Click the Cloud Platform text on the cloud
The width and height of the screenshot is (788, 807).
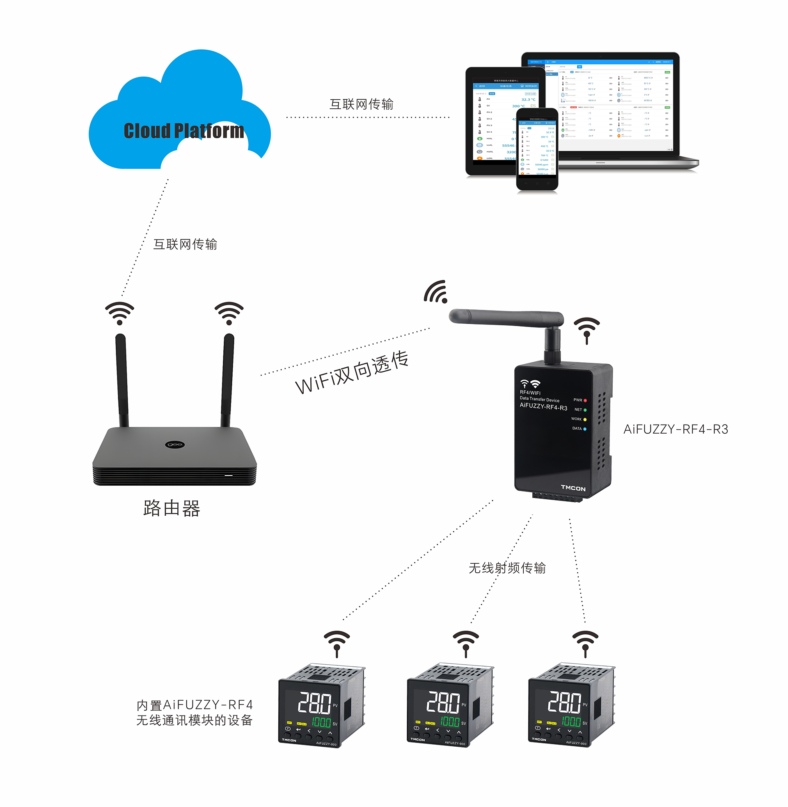pos(184,131)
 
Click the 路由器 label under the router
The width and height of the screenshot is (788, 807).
pos(171,508)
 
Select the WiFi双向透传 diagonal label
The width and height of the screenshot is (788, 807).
pos(352,372)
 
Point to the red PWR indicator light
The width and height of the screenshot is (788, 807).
pos(585,400)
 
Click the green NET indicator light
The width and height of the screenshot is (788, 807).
pos(585,410)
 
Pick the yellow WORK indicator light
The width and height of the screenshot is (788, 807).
pos(585,419)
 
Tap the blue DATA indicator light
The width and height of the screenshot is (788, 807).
pos(585,429)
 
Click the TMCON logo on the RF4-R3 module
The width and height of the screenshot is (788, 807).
pos(573,488)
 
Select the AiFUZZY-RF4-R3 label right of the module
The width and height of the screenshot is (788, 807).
pos(676,430)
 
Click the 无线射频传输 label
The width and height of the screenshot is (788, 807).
pos(507,568)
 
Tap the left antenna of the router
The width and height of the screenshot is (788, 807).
pos(121,381)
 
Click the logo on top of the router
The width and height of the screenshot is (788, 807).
pos(175,445)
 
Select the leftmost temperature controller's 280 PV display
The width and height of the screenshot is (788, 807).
pos(314,703)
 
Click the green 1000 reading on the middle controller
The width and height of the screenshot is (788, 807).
pos(450,722)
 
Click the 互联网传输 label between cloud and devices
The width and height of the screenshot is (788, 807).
pos(361,104)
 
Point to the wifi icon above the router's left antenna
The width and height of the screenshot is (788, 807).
pos(119,313)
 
